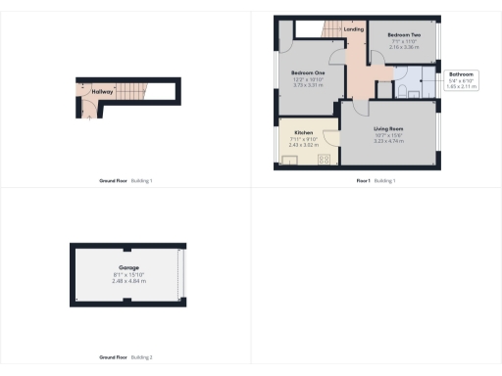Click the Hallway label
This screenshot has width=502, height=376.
[x=103, y=91]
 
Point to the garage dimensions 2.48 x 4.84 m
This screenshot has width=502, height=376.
[x=127, y=281]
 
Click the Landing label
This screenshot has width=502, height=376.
[x=354, y=29]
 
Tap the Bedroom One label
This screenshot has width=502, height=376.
[x=309, y=73]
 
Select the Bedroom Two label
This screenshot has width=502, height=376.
[x=404, y=33]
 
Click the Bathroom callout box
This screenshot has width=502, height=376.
[x=461, y=80]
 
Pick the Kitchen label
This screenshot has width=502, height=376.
[x=303, y=132]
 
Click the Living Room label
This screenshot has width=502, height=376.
[x=389, y=128]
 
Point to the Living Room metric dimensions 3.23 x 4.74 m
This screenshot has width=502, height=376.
[x=389, y=142]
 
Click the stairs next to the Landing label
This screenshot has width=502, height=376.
[x=325, y=30]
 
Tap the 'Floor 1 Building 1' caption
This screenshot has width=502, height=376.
[x=376, y=180]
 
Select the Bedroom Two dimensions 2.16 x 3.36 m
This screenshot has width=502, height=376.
[x=404, y=46]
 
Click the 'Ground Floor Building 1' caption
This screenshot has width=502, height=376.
[x=126, y=180]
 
